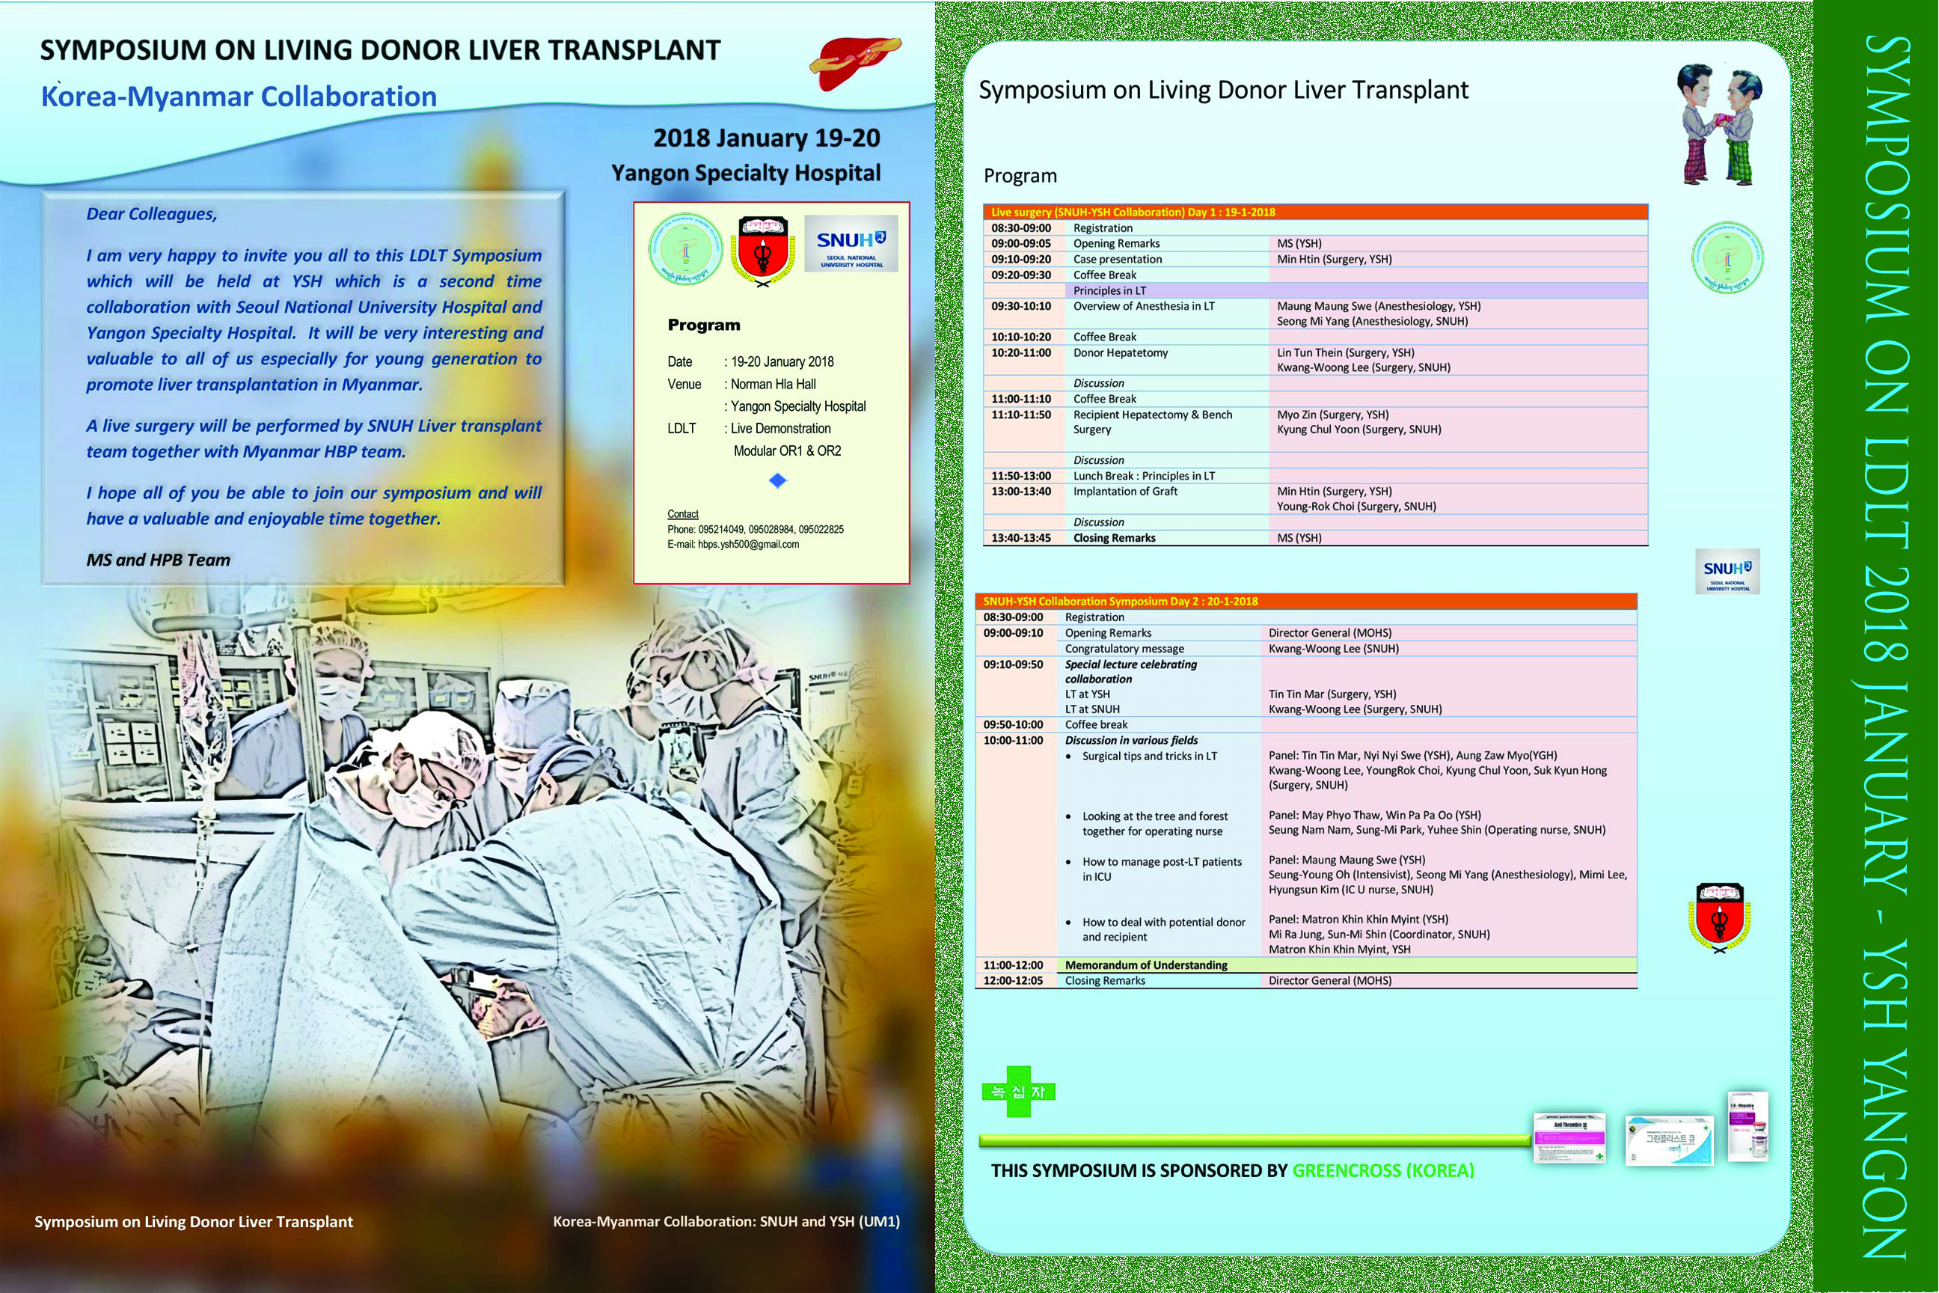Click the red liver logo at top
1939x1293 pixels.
click(x=854, y=63)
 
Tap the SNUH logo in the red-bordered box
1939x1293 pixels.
click(x=850, y=244)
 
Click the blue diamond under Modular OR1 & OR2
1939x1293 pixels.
click(x=777, y=480)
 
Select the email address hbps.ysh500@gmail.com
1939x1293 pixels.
click(x=748, y=544)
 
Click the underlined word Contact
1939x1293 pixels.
click(x=682, y=514)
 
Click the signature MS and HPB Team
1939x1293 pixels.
click(x=159, y=560)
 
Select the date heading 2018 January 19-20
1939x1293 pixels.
click(x=766, y=138)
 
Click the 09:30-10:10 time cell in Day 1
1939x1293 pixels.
click(x=1020, y=306)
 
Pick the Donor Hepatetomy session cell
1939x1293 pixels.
click(x=1120, y=353)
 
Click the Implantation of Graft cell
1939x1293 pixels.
click(x=1124, y=492)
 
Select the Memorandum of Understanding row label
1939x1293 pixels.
click(x=1145, y=965)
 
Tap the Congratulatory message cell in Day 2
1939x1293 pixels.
click(x=1124, y=649)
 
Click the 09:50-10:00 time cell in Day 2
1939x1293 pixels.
click(x=1012, y=725)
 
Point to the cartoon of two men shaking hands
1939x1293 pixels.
click(x=1720, y=123)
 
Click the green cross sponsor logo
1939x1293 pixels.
click(x=1019, y=1092)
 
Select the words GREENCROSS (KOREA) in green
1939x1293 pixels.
click(x=1382, y=1171)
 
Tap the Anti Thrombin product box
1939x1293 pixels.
click(x=1569, y=1139)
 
